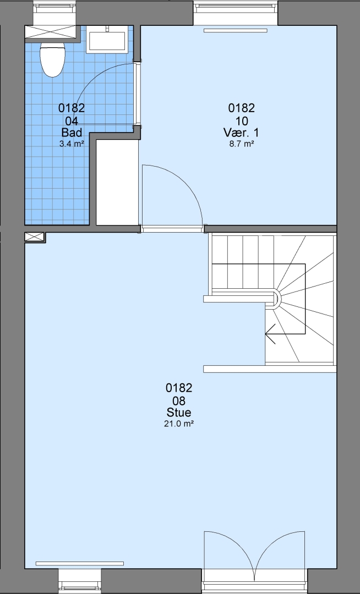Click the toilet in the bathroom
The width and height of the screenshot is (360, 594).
[53, 59]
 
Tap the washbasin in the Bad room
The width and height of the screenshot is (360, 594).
[106, 40]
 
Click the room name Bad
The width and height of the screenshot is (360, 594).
[72, 133]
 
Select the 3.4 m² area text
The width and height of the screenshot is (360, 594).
[72, 144]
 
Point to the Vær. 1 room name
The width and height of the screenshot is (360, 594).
[241, 133]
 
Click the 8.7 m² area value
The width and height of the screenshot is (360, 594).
[242, 144]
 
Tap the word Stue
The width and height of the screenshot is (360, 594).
[178, 412]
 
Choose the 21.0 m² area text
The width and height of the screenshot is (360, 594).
[179, 424]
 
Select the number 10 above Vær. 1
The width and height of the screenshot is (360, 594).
[242, 121]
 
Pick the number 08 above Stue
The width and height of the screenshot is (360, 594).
[178, 400]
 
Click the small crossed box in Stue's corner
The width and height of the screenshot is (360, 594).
[35, 237]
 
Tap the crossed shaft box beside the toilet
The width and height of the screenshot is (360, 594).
[53, 32]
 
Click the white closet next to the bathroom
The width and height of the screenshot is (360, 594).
[117, 182]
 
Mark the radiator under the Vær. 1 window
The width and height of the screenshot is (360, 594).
[236, 30]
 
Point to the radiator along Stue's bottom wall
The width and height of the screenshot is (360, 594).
[80, 563]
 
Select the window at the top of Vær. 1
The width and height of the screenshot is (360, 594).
[236, 12]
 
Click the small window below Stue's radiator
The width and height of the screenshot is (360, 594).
[80, 581]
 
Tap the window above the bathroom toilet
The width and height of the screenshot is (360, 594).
[54, 13]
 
